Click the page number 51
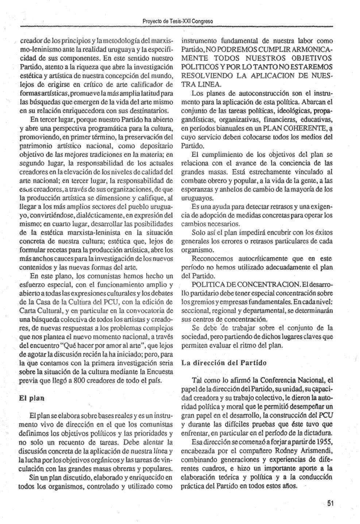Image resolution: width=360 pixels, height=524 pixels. point(330,503)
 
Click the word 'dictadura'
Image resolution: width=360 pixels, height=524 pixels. point(318,433)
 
